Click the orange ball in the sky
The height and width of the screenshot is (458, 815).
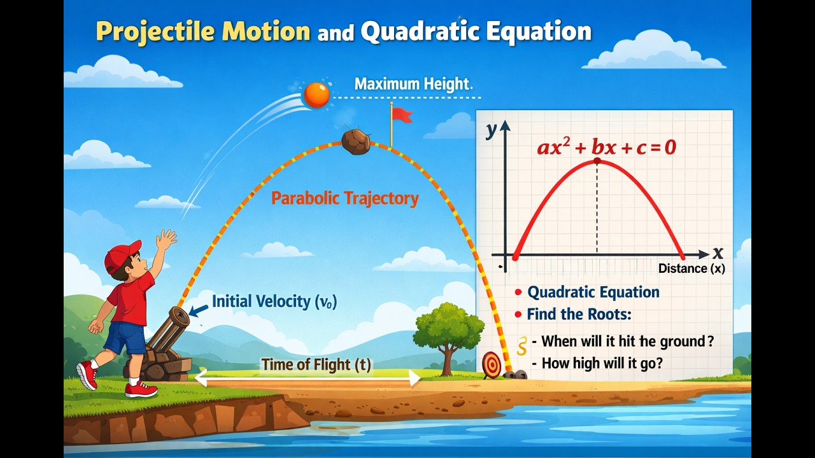point(316,95)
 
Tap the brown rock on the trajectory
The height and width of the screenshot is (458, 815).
point(356,142)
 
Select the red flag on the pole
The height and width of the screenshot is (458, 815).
point(402,115)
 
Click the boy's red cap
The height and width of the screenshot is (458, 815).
point(123,255)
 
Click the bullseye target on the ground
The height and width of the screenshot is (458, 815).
point(492,365)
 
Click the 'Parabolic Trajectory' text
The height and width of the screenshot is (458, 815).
point(345,198)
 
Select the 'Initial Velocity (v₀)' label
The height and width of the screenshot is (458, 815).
point(274,302)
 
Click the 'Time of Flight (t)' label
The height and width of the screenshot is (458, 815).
point(316,364)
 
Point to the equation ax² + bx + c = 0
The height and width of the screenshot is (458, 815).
point(606,148)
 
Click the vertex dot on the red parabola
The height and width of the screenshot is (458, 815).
point(597,161)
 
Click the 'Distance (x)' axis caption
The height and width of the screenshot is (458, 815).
point(691,268)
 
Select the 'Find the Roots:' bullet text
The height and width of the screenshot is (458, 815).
point(578,314)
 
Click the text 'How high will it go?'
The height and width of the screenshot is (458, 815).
point(602,364)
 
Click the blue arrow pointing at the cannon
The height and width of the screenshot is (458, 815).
point(199,310)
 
